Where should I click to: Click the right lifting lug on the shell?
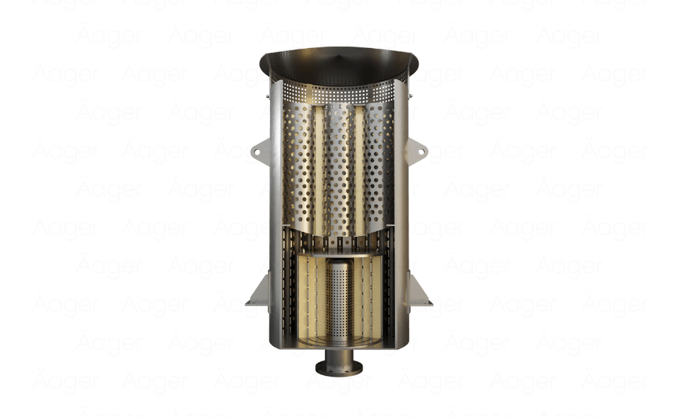[418, 151]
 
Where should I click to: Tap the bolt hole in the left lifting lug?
[256, 150]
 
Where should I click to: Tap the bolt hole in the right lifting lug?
[422, 151]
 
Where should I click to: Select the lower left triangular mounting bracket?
[257, 293]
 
